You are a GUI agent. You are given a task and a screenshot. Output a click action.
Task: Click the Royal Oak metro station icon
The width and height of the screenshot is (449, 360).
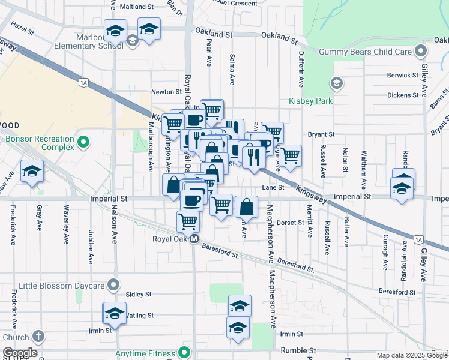pos(194,239)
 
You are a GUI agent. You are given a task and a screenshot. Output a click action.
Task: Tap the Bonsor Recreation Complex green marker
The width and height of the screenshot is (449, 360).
pos(83,143)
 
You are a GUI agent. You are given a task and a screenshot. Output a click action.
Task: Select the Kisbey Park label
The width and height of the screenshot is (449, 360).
pos(310,101)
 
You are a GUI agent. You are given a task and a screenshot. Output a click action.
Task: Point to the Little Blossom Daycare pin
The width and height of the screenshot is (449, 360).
pos(113,284)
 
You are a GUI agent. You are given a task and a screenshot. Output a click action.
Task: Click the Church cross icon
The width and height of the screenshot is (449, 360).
pos(39,337)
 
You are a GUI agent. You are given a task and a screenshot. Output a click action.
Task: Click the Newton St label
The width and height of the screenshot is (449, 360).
pos(166,92)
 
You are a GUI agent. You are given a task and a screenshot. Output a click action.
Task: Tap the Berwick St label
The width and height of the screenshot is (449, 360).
pos(403,76)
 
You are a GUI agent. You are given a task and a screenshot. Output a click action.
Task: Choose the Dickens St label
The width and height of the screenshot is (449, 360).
pos(403,95)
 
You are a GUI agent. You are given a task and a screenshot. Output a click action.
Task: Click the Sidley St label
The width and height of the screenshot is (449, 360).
pos(139,295)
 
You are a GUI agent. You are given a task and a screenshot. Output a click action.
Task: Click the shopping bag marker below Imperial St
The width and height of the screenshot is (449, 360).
pos(246,207)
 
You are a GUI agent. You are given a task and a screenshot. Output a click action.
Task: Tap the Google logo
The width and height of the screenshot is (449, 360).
pos(20,353)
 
